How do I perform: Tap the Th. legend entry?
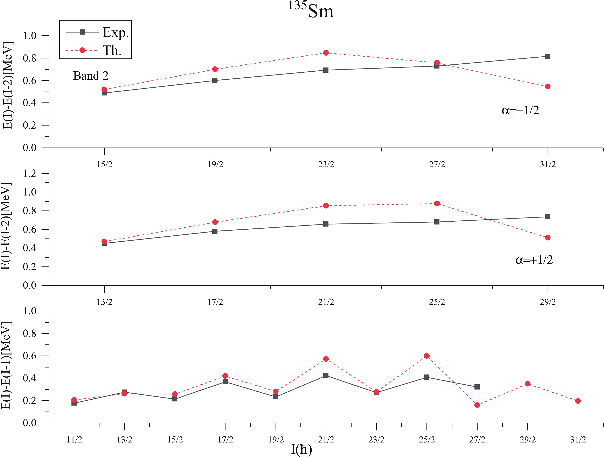(x=112, y=50)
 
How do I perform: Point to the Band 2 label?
(x=91, y=76)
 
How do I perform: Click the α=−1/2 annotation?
(x=520, y=110)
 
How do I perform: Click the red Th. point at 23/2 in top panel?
(x=326, y=53)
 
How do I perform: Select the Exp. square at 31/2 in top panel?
(x=548, y=56)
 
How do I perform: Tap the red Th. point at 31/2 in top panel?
(x=548, y=86)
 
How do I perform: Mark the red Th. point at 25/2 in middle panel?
(x=437, y=203)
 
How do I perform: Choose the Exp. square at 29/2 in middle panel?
(x=548, y=217)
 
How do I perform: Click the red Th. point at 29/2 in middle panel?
(x=548, y=238)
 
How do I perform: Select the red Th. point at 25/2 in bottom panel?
(x=427, y=356)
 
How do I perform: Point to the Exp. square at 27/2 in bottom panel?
(x=477, y=387)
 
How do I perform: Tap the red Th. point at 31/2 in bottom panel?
(x=578, y=401)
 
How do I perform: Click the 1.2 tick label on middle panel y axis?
(x=29, y=173)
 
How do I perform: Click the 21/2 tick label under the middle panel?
(x=326, y=302)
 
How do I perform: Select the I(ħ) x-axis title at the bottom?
(x=301, y=449)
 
